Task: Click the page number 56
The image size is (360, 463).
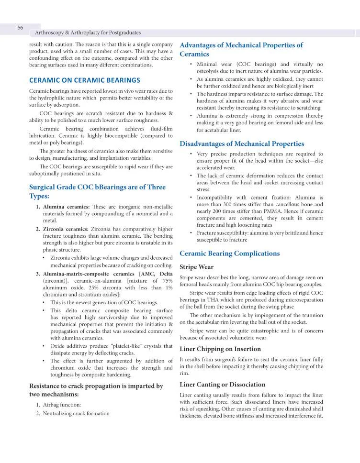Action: pos(21,28)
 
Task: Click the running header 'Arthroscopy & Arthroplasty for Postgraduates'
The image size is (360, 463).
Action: pos(88,33)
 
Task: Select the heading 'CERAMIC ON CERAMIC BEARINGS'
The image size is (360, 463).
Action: pos(85,80)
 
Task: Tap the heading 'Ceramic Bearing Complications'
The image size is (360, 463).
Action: pos(229,254)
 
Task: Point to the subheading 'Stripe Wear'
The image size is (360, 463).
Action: pos(196,267)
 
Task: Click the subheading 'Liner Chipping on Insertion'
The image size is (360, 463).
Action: pos(220,349)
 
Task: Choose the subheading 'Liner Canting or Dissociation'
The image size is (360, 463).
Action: pos(222,385)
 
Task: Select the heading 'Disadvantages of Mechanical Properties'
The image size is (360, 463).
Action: pos(242,143)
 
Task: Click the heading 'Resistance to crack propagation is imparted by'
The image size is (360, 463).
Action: pos(96,386)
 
